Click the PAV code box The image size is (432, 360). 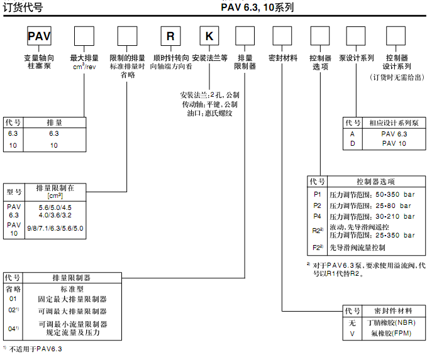point(38,36)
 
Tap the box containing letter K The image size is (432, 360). point(209,36)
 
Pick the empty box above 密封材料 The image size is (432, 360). point(282,36)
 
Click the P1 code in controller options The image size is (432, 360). point(317,195)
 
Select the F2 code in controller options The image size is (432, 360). point(317,248)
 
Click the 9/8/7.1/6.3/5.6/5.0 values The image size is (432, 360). point(55,229)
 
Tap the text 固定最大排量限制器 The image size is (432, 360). point(72,299)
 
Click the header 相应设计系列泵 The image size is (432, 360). point(394,123)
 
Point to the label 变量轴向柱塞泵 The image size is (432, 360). point(39,62)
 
